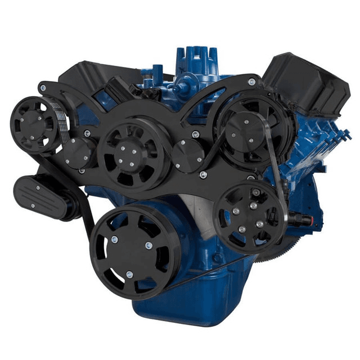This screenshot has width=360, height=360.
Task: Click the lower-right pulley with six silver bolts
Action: (x=247, y=216)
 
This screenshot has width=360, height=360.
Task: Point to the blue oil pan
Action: (x=186, y=304)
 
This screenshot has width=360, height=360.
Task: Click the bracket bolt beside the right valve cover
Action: (x=251, y=82)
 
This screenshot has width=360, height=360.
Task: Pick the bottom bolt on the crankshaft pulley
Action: (x=129, y=274)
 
